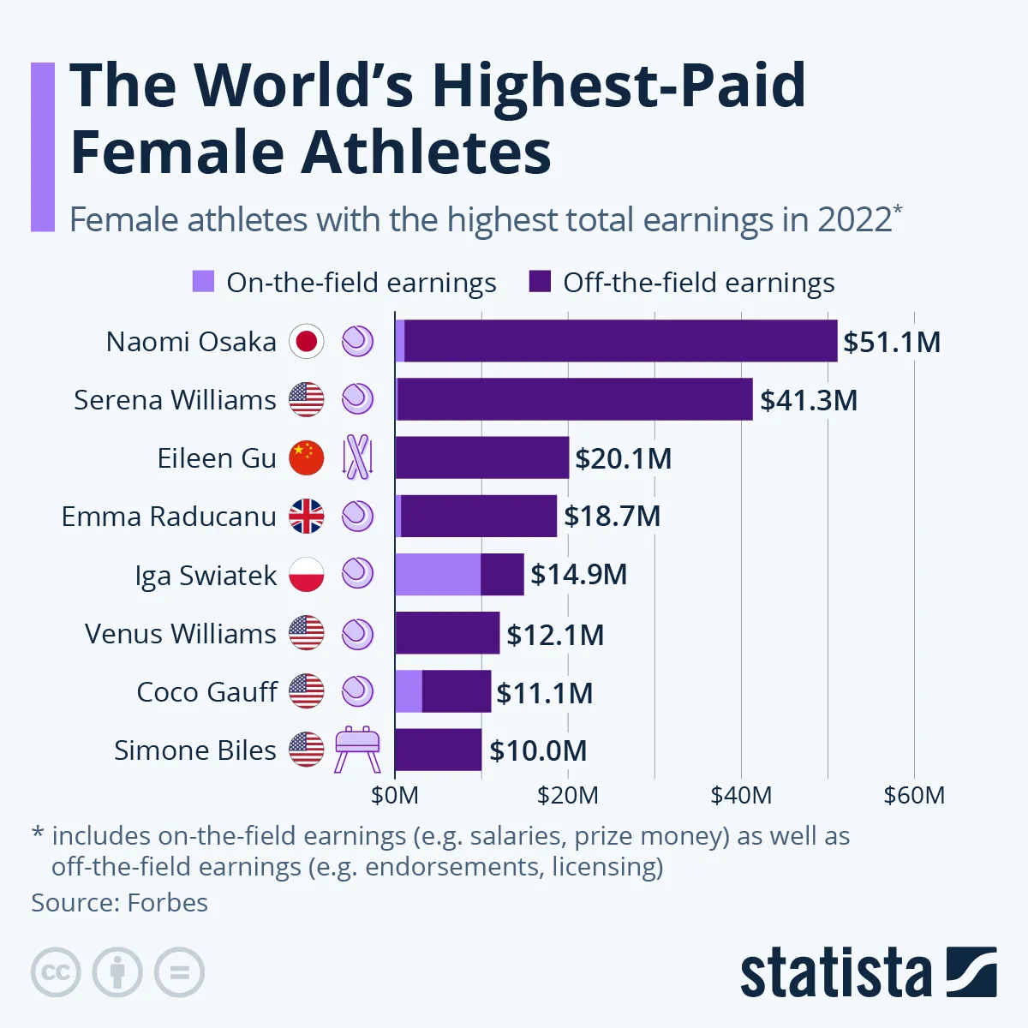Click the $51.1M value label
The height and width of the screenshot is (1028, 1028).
coord(892,342)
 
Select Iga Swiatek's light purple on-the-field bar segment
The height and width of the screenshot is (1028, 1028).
coord(437,574)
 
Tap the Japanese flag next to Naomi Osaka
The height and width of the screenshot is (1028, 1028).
coord(306,342)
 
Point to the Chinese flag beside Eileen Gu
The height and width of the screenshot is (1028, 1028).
coord(306,458)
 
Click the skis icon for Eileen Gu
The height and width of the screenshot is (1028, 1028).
coord(357,457)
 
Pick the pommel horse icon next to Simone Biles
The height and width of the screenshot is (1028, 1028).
coord(357,750)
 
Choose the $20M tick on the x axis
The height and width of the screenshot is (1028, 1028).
coord(567,795)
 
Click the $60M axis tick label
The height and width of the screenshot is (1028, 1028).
coord(914,795)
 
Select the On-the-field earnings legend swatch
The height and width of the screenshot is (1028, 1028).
coord(203,282)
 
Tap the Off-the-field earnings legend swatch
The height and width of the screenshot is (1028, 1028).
coord(540,282)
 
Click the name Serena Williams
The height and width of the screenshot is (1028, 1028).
coord(175,400)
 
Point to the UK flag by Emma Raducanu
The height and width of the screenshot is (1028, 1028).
coord(306,517)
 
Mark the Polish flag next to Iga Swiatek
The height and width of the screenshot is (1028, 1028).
coord(306,575)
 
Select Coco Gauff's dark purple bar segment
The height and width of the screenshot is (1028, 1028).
coord(457,691)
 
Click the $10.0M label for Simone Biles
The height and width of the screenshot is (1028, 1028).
coord(538,750)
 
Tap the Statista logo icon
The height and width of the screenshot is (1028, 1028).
coord(971,971)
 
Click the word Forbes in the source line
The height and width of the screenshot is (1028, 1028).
coord(167,903)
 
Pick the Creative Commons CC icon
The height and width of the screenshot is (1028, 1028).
coord(56,972)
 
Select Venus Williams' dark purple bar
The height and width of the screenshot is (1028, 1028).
coord(447,633)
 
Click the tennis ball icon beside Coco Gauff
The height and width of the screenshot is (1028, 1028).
coord(357,691)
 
